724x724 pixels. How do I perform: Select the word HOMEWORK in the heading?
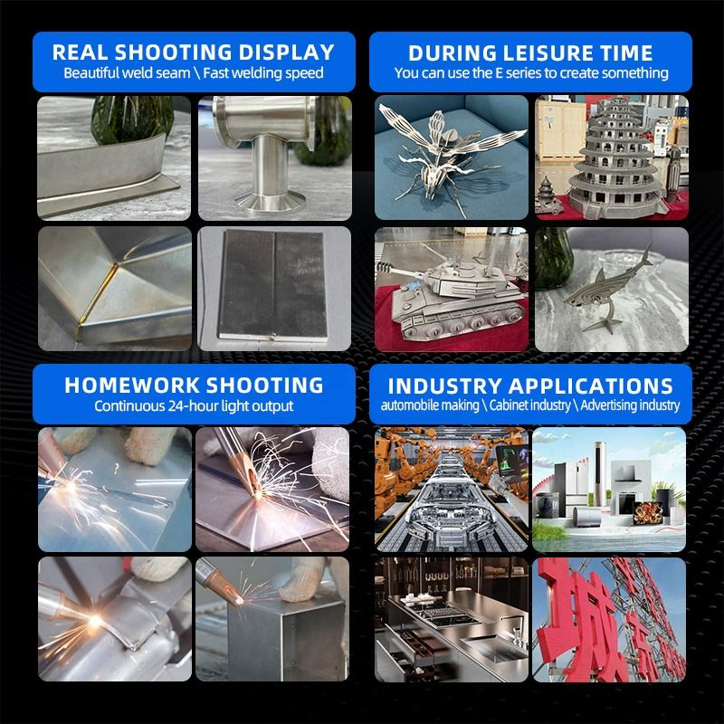pos(130,386)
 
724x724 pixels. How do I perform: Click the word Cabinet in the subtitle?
pos(529,405)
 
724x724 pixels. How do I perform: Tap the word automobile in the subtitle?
pos(429,405)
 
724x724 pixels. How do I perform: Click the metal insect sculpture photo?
pos(451,157)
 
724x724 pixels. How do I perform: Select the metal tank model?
pos(457,296)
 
